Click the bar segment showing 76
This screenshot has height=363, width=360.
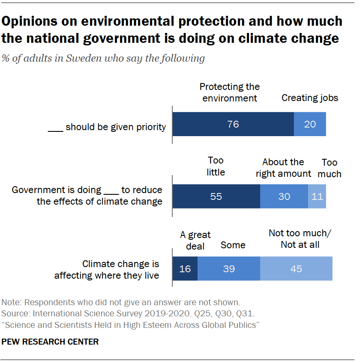[233, 124]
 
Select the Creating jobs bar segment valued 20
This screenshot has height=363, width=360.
[309, 124]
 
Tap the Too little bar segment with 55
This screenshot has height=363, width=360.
[216, 196]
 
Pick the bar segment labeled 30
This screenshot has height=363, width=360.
[284, 196]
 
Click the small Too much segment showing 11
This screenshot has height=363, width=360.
[317, 196]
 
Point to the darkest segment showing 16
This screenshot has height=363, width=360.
[185, 268]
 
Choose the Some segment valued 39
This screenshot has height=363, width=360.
[228, 268]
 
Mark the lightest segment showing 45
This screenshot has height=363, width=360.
[296, 268]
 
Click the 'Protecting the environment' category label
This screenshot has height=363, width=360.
[230, 92]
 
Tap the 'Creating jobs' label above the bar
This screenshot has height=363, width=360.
[309, 98]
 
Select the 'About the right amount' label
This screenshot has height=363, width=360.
[283, 168]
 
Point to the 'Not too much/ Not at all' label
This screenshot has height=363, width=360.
[300, 239]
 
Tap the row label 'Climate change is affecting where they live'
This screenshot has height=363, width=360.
[107, 270]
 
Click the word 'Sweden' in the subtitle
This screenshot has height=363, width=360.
[81, 58]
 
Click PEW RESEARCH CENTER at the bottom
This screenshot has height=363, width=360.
[51, 342]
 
